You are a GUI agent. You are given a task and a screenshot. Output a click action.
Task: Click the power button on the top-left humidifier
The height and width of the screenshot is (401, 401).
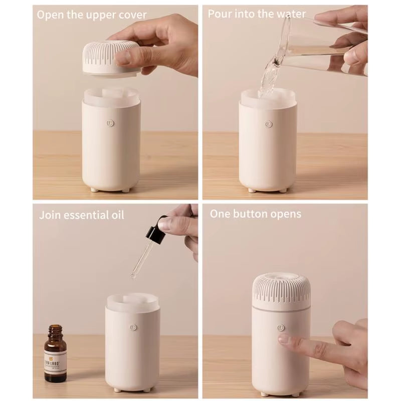[x=111, y=123]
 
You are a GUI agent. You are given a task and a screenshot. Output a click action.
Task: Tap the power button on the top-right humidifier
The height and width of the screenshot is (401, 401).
[x=269, y=124]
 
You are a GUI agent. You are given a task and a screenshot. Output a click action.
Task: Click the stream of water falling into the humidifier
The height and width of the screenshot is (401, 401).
[x=267, y=80]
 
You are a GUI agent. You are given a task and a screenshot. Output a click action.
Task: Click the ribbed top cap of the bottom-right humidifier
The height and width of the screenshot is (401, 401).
[x=281, y=288]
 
